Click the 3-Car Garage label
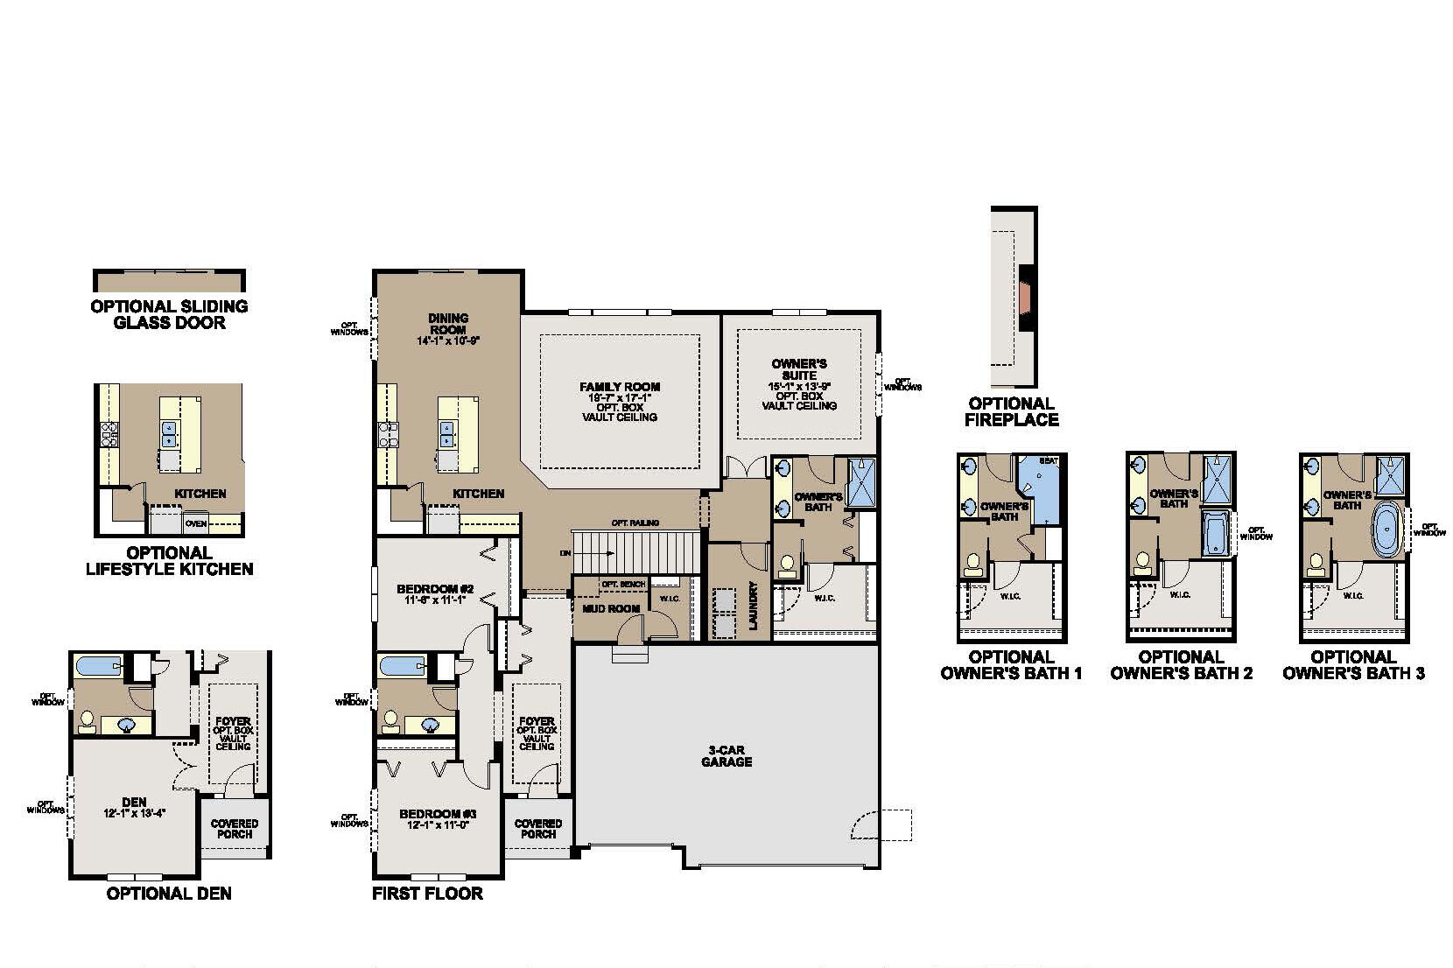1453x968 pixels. click(726, 755)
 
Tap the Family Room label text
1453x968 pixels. click(620, 387)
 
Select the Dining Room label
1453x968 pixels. click(448, 324)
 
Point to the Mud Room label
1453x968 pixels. click(611, 608)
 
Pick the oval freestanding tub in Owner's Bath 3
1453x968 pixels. click(1385, 530)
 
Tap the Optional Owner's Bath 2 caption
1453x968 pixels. click(1181, 665)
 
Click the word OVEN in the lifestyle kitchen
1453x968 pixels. click(196, 524)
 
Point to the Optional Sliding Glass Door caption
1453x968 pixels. click(169, 314)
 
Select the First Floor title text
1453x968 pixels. click(427, 894)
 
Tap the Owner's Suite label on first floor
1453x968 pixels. click(799, 369)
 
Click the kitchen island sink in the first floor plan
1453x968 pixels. click(446, 429)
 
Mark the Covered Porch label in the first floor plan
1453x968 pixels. click(537, 828)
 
